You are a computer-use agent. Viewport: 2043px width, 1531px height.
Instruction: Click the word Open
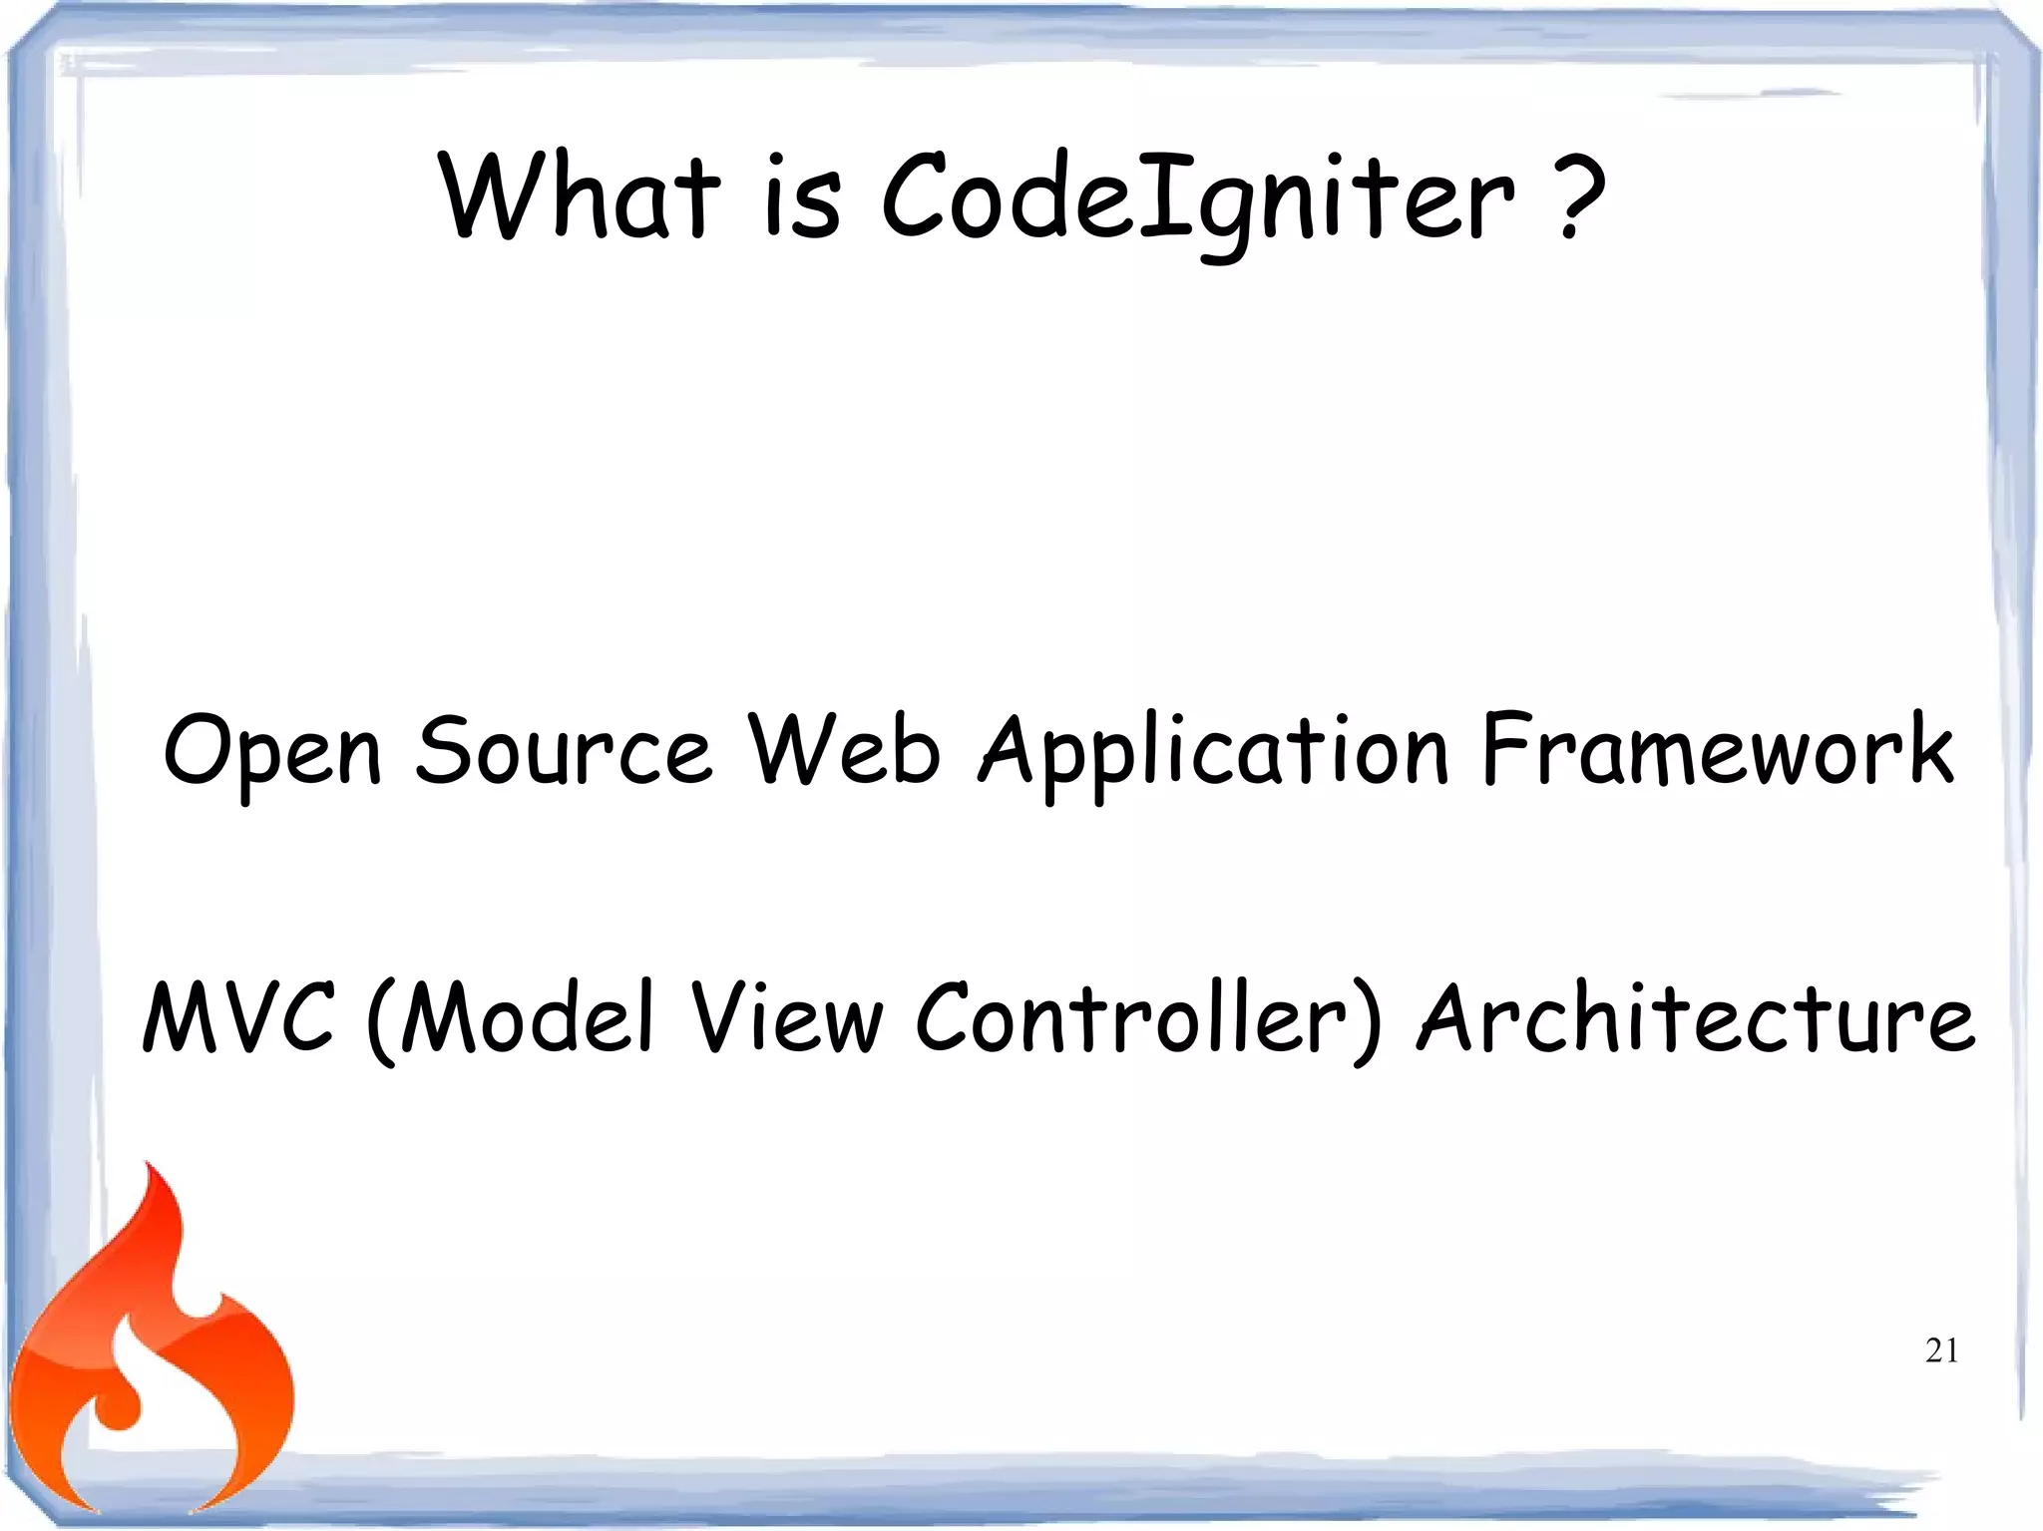272,753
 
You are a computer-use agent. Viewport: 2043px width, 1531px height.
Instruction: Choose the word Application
1212,753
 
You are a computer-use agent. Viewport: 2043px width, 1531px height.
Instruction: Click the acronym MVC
237,1017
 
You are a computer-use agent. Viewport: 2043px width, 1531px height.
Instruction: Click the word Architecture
1696,1017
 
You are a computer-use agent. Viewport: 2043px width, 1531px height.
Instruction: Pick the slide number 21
1941,1350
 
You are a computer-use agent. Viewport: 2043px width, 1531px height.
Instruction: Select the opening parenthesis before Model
382,1022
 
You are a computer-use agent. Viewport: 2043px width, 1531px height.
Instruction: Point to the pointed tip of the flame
149,1167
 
